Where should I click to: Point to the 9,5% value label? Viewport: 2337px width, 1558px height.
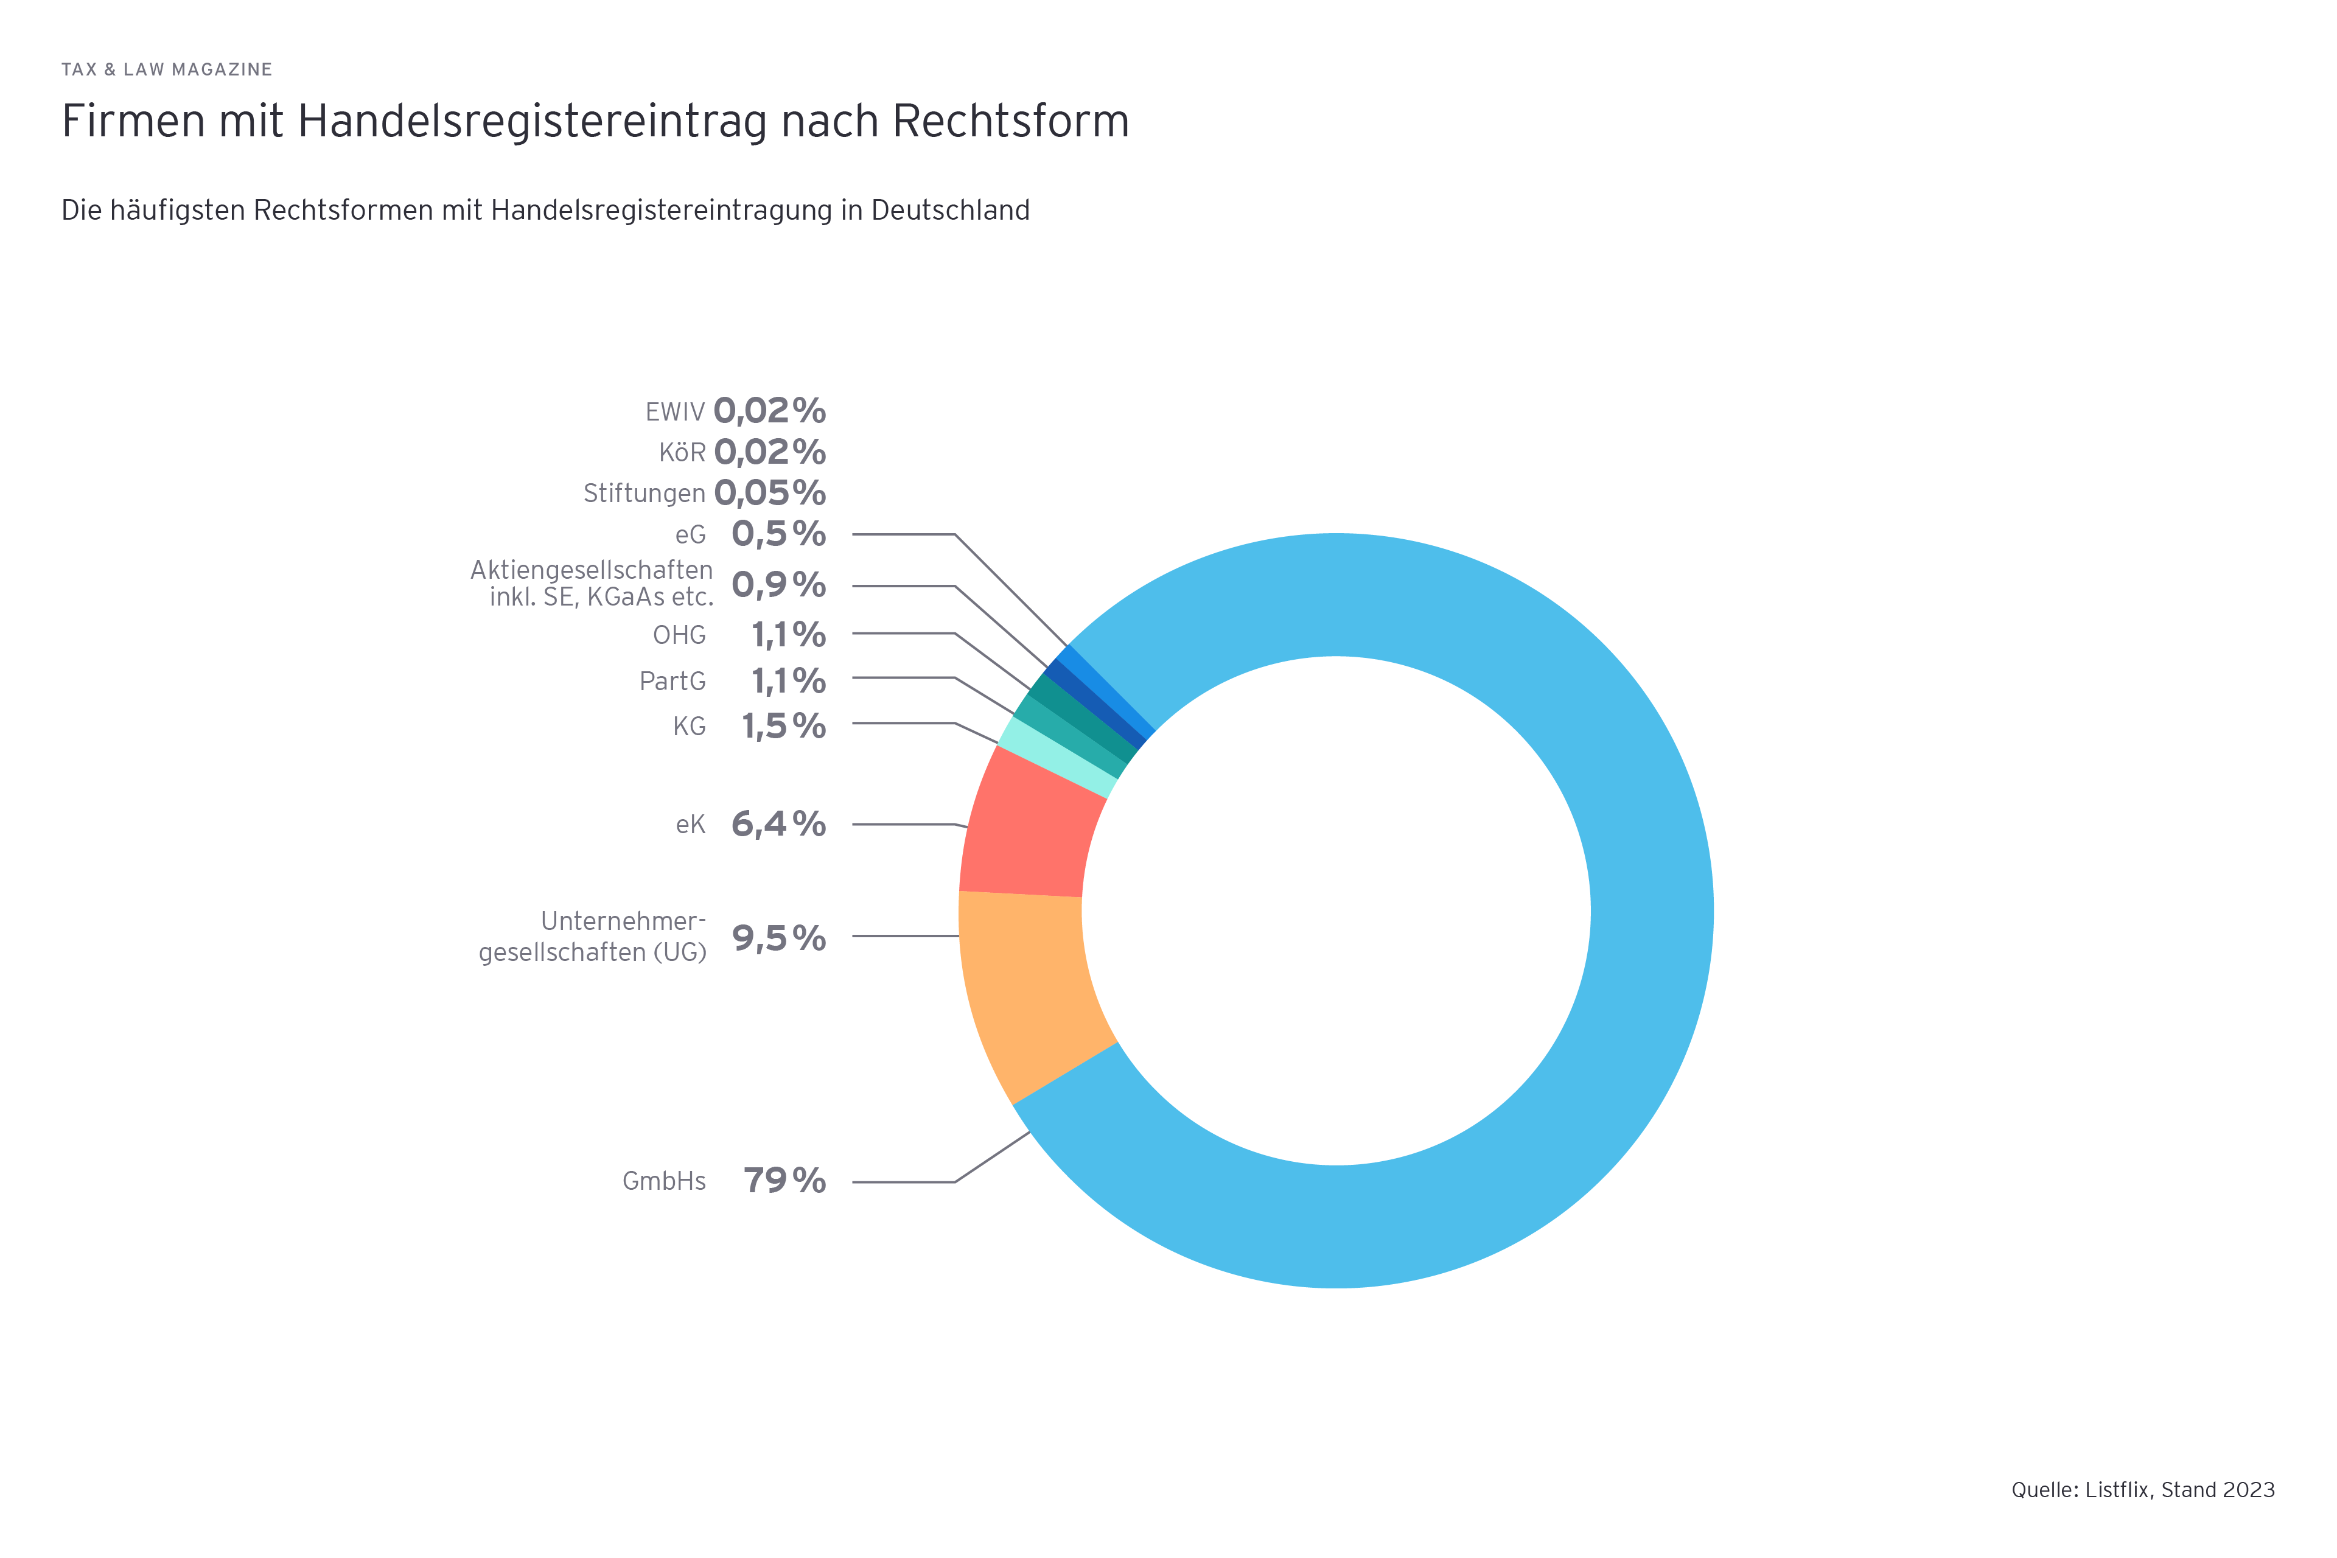coord(779,937)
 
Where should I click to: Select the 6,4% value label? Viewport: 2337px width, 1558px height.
coord(779,823)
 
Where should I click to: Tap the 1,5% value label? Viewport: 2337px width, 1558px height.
coord(784,726)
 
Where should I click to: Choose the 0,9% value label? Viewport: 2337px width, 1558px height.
coord(779,584)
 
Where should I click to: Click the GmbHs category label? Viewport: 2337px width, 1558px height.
coord(664,1181)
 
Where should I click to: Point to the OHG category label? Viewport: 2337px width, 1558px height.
coord(680,635)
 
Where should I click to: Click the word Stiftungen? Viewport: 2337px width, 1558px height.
coord(644,494)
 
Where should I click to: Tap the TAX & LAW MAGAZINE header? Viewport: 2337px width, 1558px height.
coord(167,69)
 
